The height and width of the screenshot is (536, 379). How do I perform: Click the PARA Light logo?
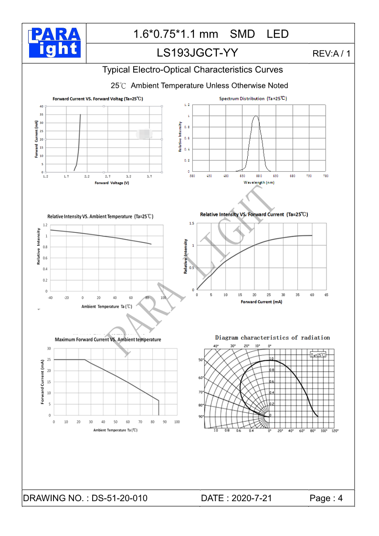(54, 43)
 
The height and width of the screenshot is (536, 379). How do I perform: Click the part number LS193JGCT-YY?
(197, 53)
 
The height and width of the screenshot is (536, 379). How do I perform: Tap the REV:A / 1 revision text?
(331, 53)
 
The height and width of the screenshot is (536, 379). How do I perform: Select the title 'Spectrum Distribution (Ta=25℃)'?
(253, 98)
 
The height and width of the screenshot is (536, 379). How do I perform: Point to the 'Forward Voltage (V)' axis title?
(112, 183)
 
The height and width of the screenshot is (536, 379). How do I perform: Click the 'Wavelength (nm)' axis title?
(259, 182)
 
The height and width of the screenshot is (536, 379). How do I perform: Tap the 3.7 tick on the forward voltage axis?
(149, 177)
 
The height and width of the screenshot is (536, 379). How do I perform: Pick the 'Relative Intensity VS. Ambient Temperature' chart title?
(100, 216)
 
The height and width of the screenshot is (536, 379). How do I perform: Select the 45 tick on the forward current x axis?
(326, 295)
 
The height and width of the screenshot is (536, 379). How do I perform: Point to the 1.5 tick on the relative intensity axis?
(191, 223)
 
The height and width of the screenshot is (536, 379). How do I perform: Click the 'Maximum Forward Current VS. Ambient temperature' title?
(108, 339)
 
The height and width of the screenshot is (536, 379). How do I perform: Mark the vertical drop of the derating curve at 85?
(158, 408)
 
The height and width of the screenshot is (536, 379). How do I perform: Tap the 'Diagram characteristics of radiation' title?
(272, 337)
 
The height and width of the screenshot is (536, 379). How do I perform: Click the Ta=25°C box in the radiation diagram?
(318, 355)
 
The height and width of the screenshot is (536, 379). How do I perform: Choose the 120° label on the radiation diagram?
(335, 431)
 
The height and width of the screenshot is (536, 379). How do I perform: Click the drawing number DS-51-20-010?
(119, 498)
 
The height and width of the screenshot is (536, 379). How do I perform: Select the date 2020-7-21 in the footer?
(252, 498)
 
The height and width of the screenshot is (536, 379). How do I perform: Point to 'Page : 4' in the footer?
(326, 498)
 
